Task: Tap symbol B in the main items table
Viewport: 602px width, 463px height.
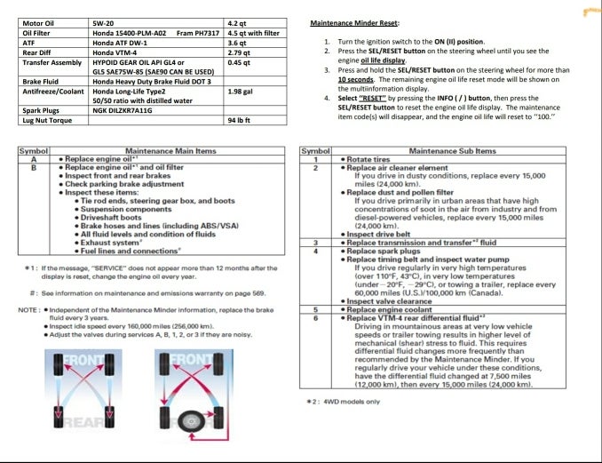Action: tap(34, 167)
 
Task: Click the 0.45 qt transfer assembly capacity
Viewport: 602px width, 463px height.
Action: tap(240, 62)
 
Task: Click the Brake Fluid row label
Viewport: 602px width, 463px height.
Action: tap(41, 81)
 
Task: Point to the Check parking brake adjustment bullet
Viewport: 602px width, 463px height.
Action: tap(137, 182)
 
